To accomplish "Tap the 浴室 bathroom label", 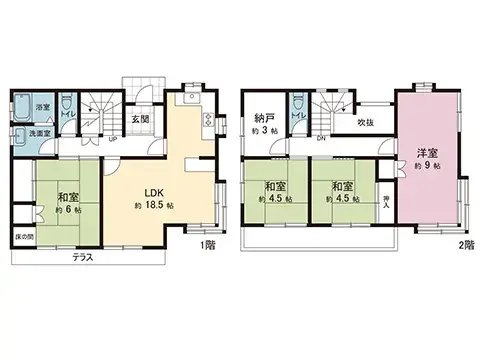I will [x=43, y=107].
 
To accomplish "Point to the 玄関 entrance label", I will [x=141, y=119].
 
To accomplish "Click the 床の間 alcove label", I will [x=22, y=237].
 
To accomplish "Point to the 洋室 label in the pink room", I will [x=426, y=152].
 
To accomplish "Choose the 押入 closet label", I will [x=388, y=203].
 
